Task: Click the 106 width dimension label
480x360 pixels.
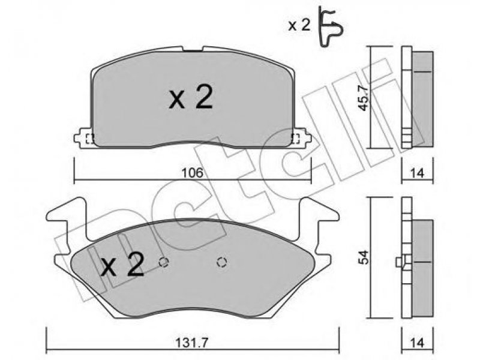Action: pyautogui.click(x=192, y=173)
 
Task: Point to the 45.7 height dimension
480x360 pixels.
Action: pyautogui.click(x=364, y=98)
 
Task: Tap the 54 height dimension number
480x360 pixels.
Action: pyautogui.click(x=364, y=257)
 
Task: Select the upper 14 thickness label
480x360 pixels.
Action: pyautogui.click(x=417, y=173)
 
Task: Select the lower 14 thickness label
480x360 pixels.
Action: pyautogui.click(x=417, y=342)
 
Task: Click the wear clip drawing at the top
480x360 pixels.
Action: pyautogui.click(x=331, y=26)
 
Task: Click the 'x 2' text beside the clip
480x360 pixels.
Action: pyautogui.click(x=299, y=26)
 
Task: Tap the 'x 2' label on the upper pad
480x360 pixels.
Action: pyautogui.click(x=191, y=97)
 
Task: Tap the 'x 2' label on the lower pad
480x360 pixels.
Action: pyautogui.click(x=122, y=265)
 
